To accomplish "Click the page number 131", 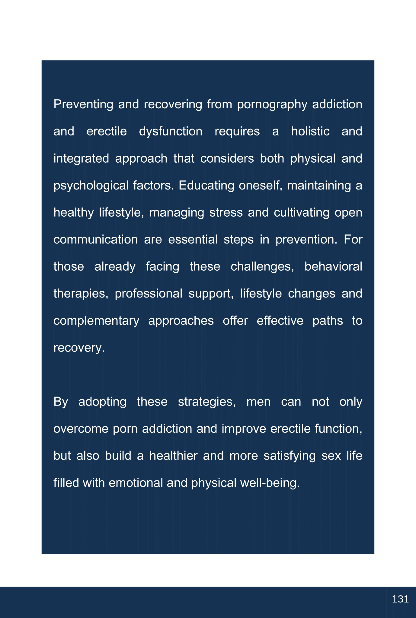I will (x=400, y=599).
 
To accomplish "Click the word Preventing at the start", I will (x=83, y=104).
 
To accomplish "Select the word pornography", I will (x=272, y=104).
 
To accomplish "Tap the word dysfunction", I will (x=171, y=132).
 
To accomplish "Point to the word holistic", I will (x=310, y=132).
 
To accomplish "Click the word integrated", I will (x=81, y=159).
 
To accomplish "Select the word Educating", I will (x=206, y=186).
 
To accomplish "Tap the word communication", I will (x=95, y=240).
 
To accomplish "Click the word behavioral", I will (x=333, y=267).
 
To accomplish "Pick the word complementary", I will (x=96, y=321).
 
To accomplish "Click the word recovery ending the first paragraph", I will (x=78, y=348).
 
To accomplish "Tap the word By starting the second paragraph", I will (x=61, y=402).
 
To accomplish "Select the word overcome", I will (x=81, y=429).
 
